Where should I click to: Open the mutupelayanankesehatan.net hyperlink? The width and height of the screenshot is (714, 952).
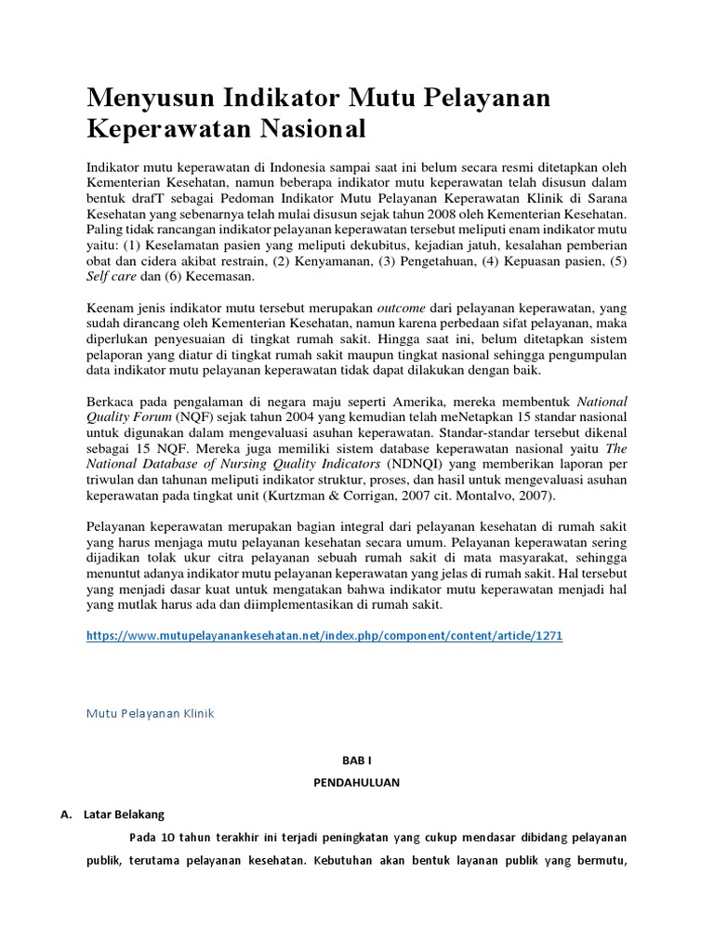tap(324, 636)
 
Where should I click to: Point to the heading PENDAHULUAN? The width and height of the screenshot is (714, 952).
tap(356, 783)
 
